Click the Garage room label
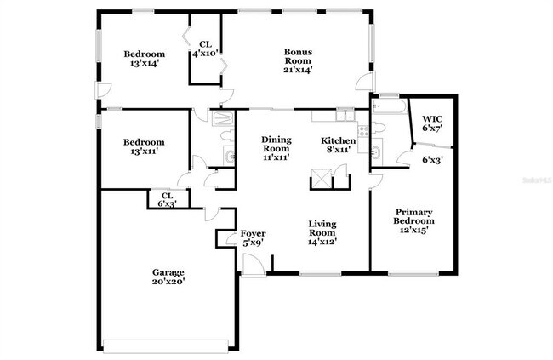coord(168,277)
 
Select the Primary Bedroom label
coord(413,220)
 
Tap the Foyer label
coord(253,237)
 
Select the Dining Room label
coord(276,148)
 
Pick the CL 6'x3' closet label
coord(168,199)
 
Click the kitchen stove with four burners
coord(363,131)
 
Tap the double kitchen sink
coord(345,116)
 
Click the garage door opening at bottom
coord(165,346)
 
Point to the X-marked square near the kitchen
coord(322,179)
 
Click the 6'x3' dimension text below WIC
coord(433,158)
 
